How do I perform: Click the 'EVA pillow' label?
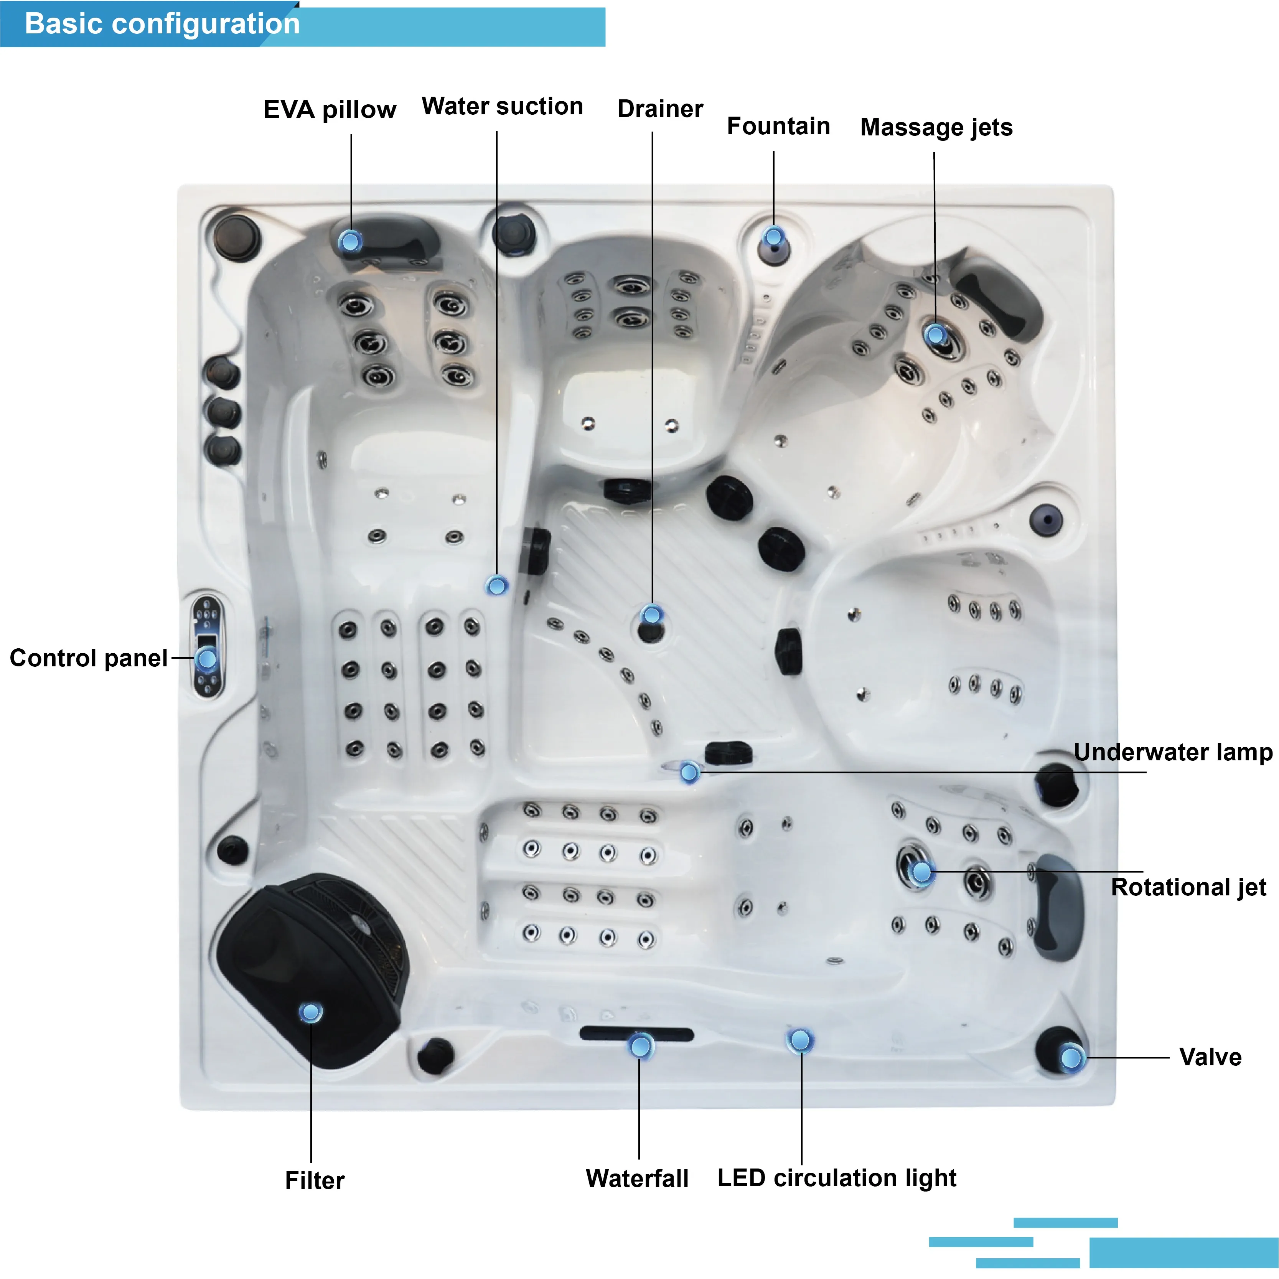click(330, 109)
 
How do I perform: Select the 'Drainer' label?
click(660, 109)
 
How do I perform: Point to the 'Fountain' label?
click(778, 126)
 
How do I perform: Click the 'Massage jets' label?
click(936, 127)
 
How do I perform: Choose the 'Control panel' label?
click(89, 658)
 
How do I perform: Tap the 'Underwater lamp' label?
click(1172, 752)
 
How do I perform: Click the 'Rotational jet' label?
click(1188, 887)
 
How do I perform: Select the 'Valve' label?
click(1210, 1057)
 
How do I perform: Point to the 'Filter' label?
click(315, 1180)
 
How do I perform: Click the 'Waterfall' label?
click(637, 1178)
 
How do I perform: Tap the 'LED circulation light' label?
click(837, 1178)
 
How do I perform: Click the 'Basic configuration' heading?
click(162, 24)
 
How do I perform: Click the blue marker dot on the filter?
click(310, 1012)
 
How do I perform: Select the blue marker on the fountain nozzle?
click(773, 236)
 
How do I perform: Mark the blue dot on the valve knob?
click(1071, 1057)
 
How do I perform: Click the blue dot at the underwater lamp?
click(689, 772)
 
